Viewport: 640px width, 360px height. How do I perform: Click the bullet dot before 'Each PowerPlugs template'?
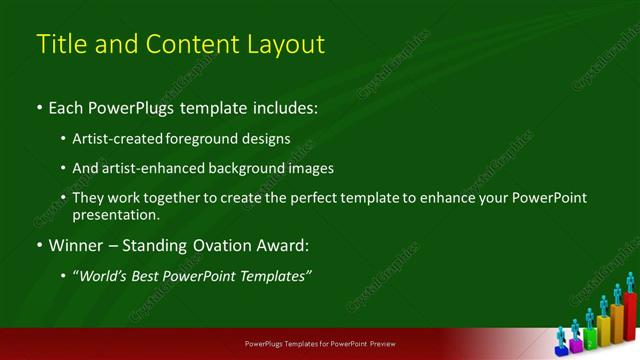click(x=39, y=106)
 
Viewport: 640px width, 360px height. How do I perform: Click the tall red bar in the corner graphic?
click(x=630, y=318)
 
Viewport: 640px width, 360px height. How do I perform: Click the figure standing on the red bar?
click(x=630, y=282)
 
